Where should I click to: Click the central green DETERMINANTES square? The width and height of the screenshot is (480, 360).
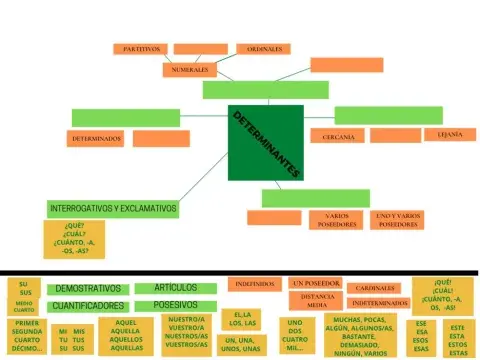pyautogui.click(x=264, y=143)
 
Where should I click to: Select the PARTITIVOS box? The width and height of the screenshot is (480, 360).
pyautogui.click(x=140, y=48)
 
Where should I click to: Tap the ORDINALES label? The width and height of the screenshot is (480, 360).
pyautogui.click(x=264, y=48)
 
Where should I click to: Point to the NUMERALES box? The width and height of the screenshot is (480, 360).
pyautogui.click(x=190, y=71)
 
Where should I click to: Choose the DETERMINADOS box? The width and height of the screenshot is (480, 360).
pyautogui.click(x=97, y=137)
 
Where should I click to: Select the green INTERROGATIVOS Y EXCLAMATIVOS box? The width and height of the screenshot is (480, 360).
pyautogui.click(x=113, y=209)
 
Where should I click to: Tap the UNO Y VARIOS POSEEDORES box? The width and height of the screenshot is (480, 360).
pyautogui.click(x=398, y=220)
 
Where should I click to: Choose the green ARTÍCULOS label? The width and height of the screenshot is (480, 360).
pyautogui.click(x=174, y=288)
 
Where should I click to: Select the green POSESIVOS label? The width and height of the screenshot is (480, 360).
pyautogui.click(x=174, y=305)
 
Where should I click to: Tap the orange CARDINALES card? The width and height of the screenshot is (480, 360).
pyautogui.click(x=376, y=288)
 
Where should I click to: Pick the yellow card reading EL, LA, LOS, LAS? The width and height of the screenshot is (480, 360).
pyautogui.click(x=237, y=320)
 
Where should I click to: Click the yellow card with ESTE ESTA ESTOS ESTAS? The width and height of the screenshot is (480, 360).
pyautogui.click(x=458, y=340)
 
